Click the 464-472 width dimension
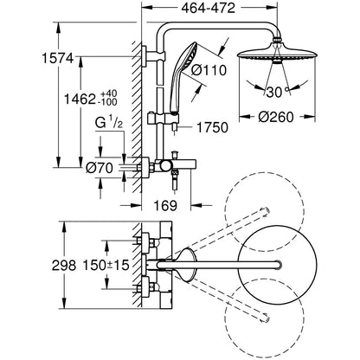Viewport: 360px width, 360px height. (208, 8)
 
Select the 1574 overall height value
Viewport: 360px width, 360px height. (58, 59)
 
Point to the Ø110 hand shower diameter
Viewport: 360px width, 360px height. (209, 70)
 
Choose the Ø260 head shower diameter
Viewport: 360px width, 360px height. (276, 117)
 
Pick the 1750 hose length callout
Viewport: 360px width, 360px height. (212, 127)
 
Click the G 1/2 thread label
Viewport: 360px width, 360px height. (109, 124)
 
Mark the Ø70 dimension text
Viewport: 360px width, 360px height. (100, 168)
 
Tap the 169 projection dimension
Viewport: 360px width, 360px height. (165, 205)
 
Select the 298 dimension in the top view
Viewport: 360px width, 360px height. (64, 266)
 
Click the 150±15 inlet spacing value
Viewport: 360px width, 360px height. (106, 265)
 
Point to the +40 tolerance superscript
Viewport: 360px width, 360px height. (109, 94)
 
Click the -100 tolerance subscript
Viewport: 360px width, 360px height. (108, 102)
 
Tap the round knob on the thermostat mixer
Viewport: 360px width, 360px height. (165, 165)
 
